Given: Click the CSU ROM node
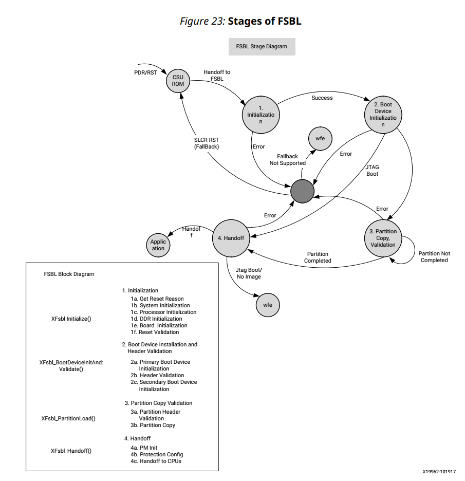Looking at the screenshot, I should tap(178, 81).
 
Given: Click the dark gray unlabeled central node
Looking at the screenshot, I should tap(302, 191).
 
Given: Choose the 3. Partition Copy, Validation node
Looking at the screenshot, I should tap(383, 238).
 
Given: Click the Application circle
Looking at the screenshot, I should tap(158, 245).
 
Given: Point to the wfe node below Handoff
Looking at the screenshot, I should tap(268, 305).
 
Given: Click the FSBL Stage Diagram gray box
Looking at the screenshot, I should tap(262, 46).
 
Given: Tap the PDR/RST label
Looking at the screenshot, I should tap(142, 72).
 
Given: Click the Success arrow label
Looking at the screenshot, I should tap(322, 98).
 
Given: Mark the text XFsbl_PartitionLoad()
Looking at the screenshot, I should tap(68, 418).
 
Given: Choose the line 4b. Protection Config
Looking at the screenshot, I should tap(156, 454).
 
